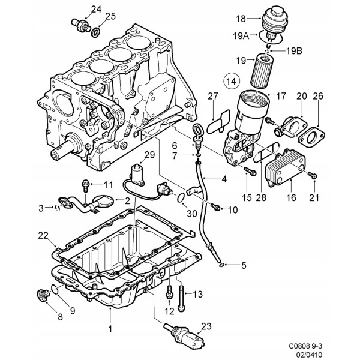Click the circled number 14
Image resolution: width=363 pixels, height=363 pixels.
click(x=232, y=81)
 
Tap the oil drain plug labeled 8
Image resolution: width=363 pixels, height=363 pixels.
click(x=43, y=295)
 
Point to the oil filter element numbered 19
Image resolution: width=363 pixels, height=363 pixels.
click(x=262, y=70)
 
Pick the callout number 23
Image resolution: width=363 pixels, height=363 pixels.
click(x=206, y=326)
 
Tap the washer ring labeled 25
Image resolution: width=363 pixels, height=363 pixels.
click(x=96, y=32)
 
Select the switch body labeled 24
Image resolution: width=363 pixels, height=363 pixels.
click(x=80, y=25)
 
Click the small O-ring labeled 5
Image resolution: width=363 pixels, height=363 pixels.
click(x=221, y=265)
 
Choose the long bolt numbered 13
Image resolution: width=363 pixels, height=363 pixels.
click(x=181, y=297)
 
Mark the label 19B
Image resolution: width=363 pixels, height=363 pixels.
click(x=294, y=51)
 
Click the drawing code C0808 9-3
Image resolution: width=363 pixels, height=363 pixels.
click(x=305, y=346)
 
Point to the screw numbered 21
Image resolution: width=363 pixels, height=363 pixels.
click(x=312, y=175)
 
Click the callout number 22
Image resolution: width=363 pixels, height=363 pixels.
click(x=43, y=236)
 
